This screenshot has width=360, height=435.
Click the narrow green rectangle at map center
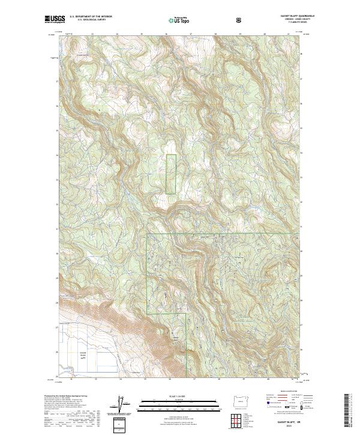click(x=171, y=174)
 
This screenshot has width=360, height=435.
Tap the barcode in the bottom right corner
click(x=347, y=413)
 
